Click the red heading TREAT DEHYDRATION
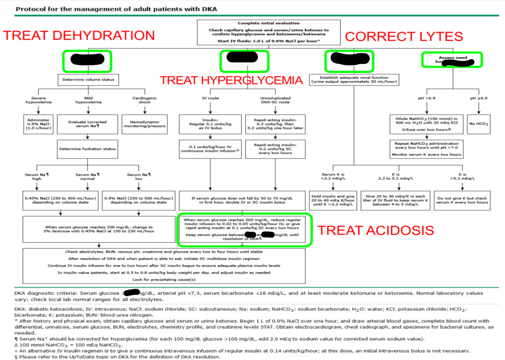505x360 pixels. (x=79, y=36)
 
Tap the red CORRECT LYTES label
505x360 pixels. (x=404, y=36)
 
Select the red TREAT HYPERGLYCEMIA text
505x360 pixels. (x=231, y=80)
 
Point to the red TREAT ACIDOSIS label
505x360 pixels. (x=375, y=230)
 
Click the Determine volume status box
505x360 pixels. (x=88, y=79)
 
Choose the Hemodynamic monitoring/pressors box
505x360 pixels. (x=145, y=124)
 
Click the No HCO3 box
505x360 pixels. (x=479, y=124)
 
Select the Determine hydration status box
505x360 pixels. (x=87, y=149)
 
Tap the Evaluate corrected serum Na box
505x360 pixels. (x=87, y=124)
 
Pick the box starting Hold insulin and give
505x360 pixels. (x=333, y=200)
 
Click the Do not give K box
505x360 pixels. (x=462, y=200)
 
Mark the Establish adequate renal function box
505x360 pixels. (x=354, y=79)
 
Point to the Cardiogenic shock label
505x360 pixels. (x=145, y=100)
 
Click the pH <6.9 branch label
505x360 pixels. (x=427, y=98)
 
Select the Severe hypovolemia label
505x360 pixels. (x=39, y=100)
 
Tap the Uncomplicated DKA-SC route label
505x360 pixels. (x=275, y=100)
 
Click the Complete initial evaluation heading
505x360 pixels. (x=268, y=23)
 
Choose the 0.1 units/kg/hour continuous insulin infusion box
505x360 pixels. (x=210, y=149)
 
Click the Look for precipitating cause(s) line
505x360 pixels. (x=164, y=279)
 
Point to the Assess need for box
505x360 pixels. (x=452, y=59)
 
